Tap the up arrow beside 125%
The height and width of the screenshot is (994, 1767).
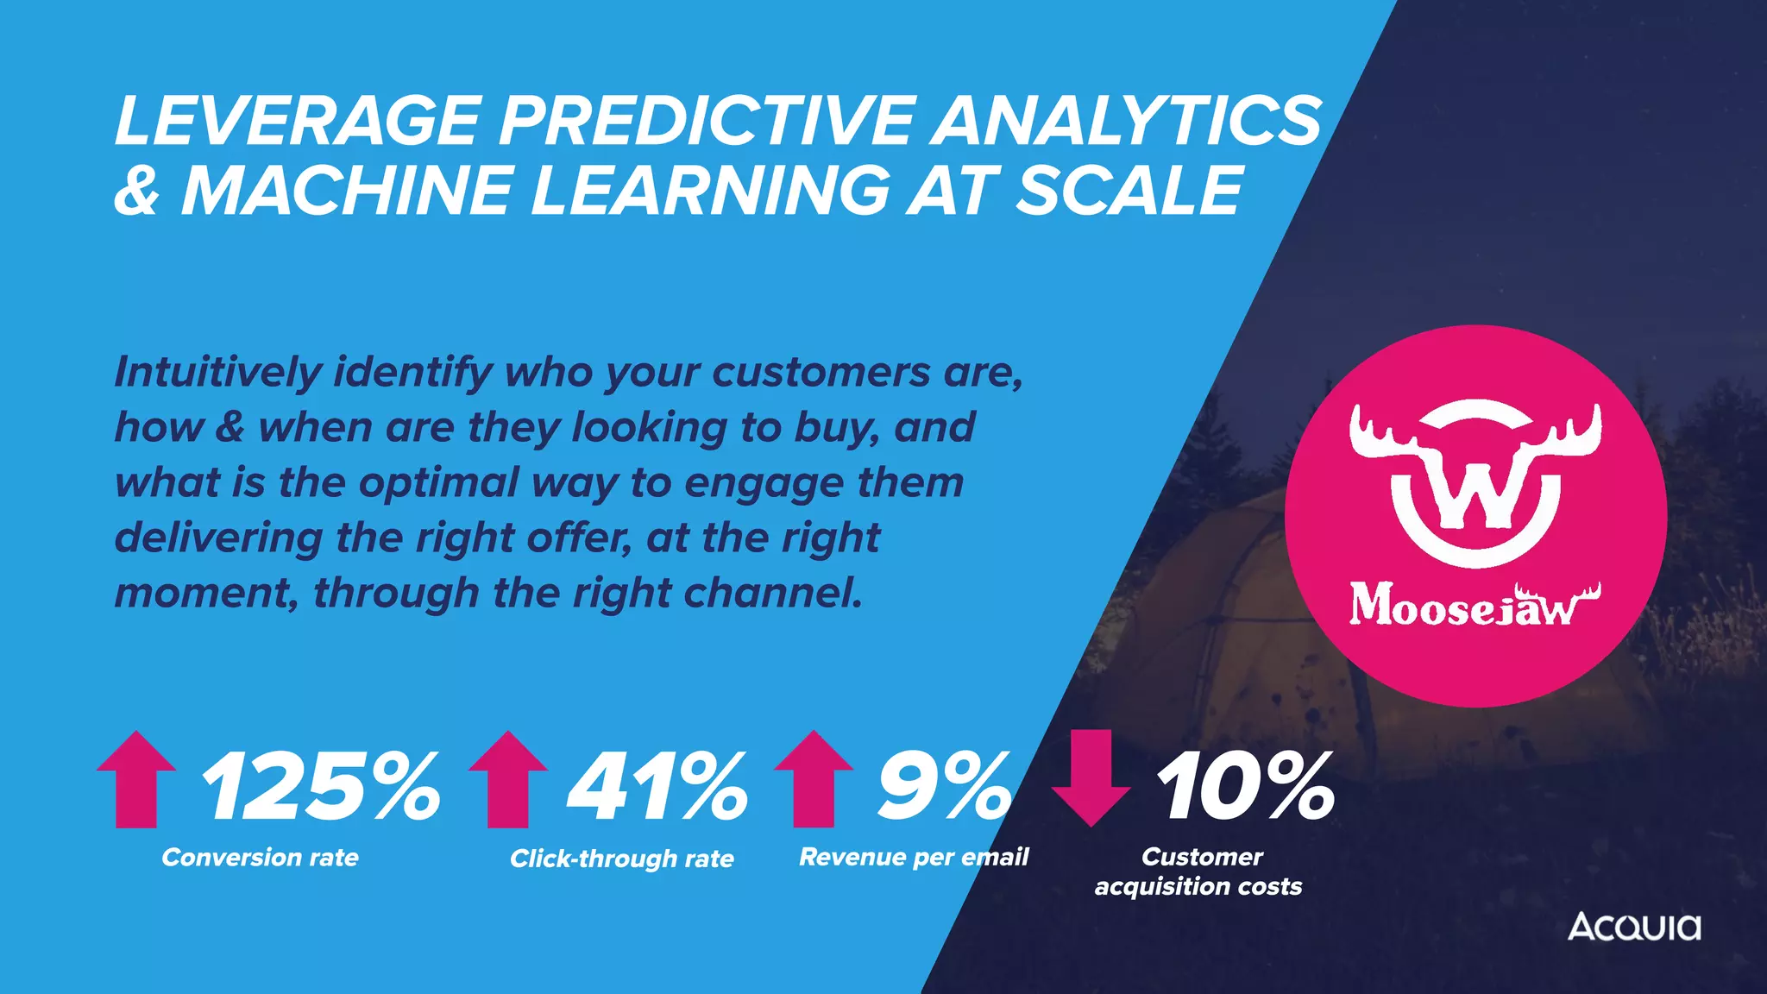click(136, 778)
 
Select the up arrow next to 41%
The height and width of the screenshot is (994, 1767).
click(508, 778)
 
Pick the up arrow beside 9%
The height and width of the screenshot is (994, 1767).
click(814, 778)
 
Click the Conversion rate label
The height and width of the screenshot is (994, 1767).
click(260, 858)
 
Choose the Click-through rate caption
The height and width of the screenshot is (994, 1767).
click(621, 859)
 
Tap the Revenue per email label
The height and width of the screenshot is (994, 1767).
click(914, 857)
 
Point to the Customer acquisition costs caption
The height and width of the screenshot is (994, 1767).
click(1198, 871)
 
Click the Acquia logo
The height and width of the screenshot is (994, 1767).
click(1634, 927)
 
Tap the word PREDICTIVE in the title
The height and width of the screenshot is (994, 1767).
click(705, 120)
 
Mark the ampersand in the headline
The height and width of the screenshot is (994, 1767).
click(137, 191)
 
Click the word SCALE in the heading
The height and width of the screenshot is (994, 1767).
click(1129, 191)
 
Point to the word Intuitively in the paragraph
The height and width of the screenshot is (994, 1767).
click(217, 373)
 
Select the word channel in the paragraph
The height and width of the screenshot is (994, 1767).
click(772, 593)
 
